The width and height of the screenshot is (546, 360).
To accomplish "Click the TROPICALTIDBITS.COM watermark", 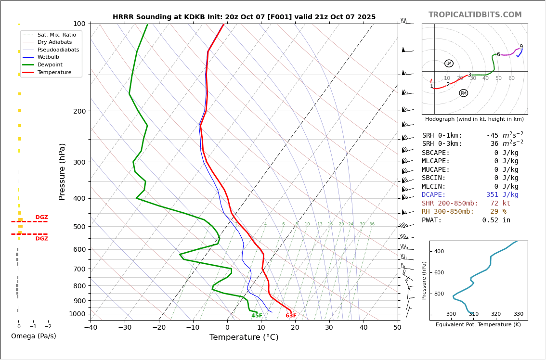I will (475, 15).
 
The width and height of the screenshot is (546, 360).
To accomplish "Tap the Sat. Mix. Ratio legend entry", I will (56, 35).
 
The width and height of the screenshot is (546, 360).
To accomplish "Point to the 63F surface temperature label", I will (291, 316).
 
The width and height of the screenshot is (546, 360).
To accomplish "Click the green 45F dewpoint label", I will (257, 316).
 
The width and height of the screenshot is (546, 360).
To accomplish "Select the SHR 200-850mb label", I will (450, 204).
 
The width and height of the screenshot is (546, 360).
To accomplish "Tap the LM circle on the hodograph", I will (449, 64).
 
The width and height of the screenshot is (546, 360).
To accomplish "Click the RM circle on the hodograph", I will (463, 93).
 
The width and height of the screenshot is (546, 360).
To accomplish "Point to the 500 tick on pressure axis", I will (79, 227).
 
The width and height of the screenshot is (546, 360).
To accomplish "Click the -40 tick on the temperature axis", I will (91, 328).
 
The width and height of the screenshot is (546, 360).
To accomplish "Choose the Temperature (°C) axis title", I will (244, 337).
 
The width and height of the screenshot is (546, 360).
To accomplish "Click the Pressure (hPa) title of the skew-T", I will (62, 171).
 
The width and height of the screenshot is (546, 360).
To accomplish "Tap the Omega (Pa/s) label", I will (33, 336).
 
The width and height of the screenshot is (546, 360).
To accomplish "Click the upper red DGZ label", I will (41, 218).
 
